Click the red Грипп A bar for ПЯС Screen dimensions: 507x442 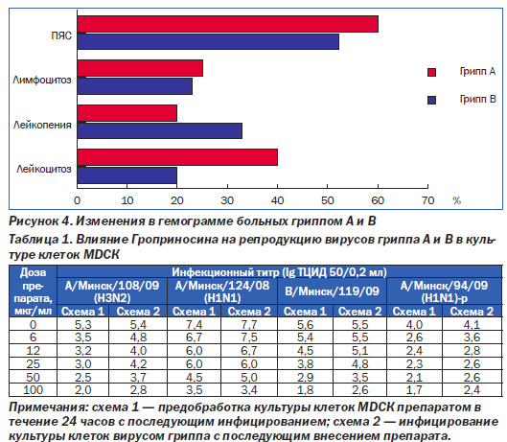228,24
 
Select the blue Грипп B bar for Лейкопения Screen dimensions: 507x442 160,130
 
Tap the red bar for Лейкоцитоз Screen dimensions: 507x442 177,157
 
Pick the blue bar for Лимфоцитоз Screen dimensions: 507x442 135,86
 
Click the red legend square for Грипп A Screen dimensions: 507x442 431,72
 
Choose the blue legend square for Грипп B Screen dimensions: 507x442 431,100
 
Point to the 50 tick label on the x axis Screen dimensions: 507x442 327,201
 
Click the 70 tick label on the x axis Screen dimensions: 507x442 427,201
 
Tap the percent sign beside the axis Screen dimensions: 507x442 456,201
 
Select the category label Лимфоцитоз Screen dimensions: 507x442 42,80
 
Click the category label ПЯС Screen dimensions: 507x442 61,35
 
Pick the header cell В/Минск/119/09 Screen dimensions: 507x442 332,291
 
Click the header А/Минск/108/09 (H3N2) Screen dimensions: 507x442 112,291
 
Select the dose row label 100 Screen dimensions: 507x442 33,390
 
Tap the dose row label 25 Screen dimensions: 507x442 33,363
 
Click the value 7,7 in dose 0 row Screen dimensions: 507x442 249,324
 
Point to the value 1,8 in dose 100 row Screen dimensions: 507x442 305,390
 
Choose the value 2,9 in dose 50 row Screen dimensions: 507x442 305,377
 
